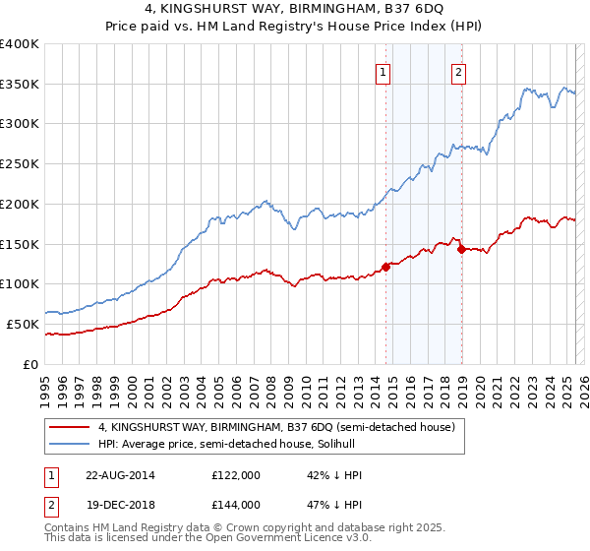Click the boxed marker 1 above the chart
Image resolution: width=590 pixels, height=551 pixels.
tap(383, 70)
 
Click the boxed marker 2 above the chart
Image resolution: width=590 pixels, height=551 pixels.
tap(459, 70)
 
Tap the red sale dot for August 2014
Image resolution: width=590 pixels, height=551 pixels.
tap(385, 266)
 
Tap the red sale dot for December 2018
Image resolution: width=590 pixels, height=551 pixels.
tap(461, 249)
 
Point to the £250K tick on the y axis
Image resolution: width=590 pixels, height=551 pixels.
tap(21, 164)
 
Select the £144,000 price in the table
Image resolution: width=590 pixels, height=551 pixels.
tap(235, 504)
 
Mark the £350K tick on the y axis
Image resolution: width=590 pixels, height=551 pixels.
tap(21, 85)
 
